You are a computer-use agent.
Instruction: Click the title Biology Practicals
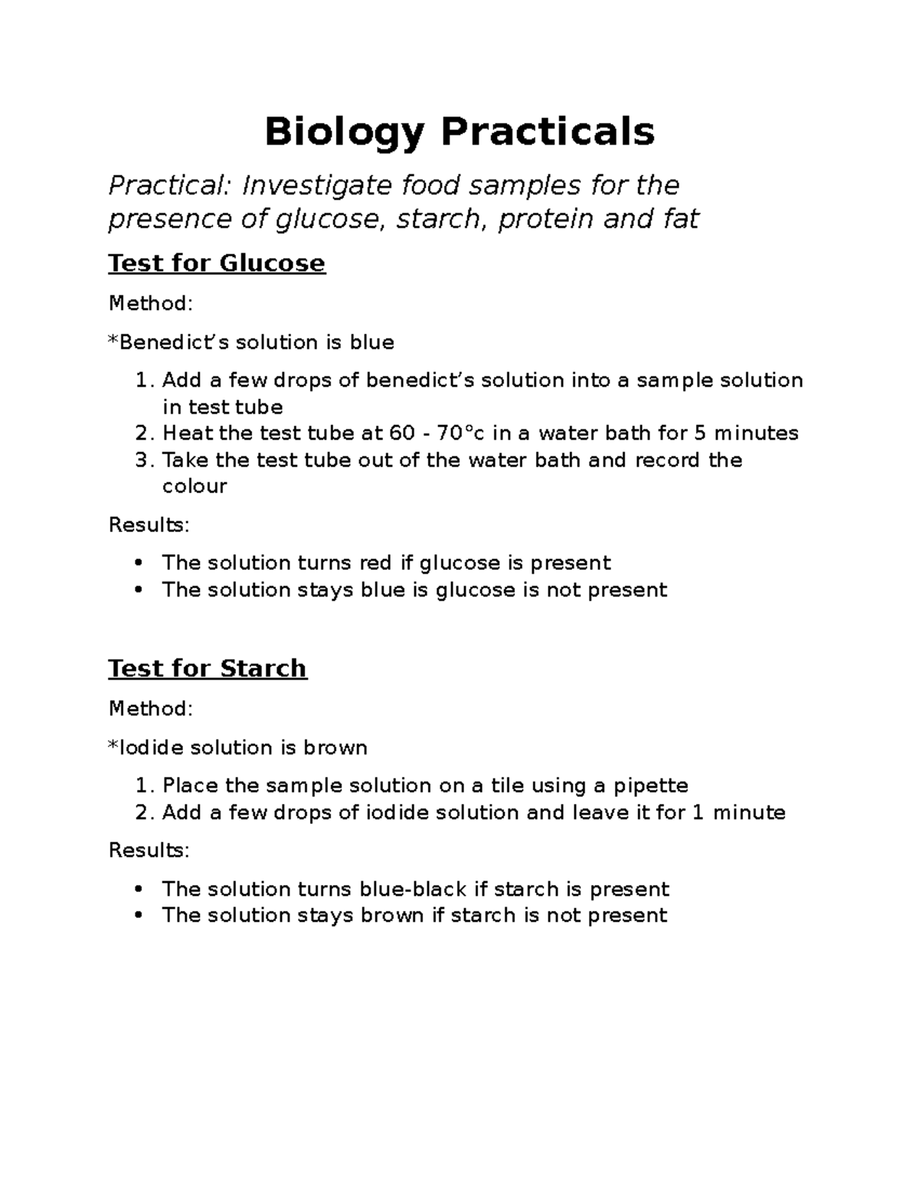(459, 132)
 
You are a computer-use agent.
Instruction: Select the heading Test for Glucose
(217, 263)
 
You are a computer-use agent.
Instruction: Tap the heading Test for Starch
(208, 668)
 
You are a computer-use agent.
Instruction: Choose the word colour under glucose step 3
(195, 487)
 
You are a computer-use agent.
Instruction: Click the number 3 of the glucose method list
(142, 460)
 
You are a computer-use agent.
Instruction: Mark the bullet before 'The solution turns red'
(139, 563)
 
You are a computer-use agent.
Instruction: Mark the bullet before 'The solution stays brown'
(139, 916)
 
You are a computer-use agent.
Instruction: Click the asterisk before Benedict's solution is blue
(113, 340)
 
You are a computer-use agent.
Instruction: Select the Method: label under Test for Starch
(151, 709)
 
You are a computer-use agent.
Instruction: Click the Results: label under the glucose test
(149, 525)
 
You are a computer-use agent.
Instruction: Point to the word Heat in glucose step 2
(188, 433)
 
